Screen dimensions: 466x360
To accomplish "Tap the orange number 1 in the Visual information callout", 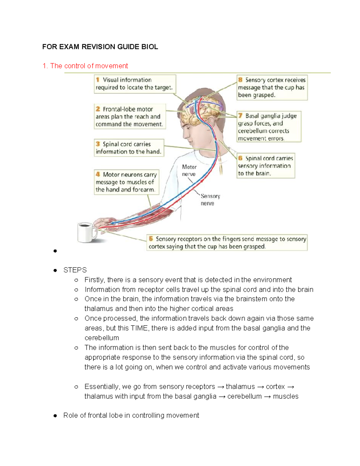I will (98, 80).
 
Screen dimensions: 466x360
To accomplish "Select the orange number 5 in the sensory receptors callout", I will (151, 239).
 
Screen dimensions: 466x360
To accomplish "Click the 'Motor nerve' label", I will (189, 170).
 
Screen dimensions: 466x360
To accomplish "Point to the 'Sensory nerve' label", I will (210, 200).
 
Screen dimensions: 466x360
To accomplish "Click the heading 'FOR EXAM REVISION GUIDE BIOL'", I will (100, 47).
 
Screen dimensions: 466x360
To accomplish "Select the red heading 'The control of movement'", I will (89, 66).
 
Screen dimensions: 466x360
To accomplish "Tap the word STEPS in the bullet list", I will (75, 270).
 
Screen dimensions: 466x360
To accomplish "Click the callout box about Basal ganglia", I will (268, 127).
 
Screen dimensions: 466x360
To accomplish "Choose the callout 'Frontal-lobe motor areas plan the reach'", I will (130, 117).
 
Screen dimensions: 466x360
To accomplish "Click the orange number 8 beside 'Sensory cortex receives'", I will (240, 80).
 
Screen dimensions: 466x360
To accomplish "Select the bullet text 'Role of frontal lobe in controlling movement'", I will (131, 416).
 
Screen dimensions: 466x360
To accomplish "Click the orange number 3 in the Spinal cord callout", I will (98, 144).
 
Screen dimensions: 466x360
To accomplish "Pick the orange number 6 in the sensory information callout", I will (240, 158).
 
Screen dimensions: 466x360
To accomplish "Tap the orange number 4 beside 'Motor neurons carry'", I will (98, 174).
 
